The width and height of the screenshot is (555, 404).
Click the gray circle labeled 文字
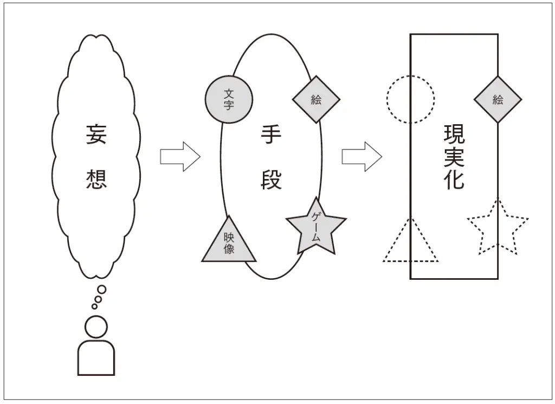[x=229, y=100]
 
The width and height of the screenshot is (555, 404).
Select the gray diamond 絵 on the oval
[x=316, y=99]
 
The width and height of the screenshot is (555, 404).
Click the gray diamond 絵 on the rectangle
[x=498, y=100]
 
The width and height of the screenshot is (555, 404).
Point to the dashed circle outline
[x=410, y=100]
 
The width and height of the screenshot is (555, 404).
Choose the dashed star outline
[x=497, y=228]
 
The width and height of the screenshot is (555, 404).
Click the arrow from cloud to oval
[x=180, y=157]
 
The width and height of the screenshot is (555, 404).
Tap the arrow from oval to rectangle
[x=362, y=157]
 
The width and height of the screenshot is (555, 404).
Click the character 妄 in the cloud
[x=96, y=134]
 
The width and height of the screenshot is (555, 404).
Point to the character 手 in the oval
[x=271, y=135]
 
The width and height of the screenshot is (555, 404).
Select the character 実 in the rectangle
[x=454, y=157]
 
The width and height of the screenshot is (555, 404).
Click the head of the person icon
[x=96, y=327]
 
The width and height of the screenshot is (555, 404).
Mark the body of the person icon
[x=96, y=358]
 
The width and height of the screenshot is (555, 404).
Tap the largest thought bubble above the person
[x=101, y=290]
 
